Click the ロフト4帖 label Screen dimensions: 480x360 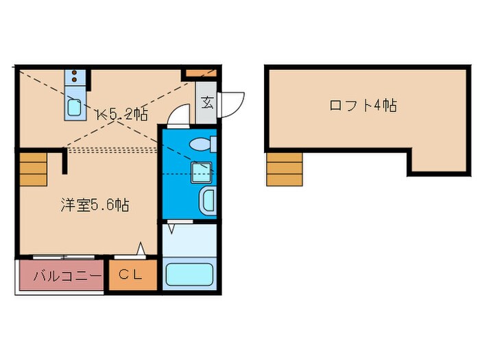[x=363, y=106]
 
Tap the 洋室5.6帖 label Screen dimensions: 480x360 [x=95, y=205]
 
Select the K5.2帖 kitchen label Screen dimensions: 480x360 [x=123, y=115]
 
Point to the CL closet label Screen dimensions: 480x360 [x=130, y=274]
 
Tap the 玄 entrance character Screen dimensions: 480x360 [x=207, y=103]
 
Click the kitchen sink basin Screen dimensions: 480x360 [x=74, y=108]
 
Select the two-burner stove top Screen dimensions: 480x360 [x=74, y=77]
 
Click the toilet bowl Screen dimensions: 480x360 [x=200, y=144]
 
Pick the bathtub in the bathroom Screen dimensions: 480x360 [x=189, y=274]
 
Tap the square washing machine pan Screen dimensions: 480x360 [x=202, y=172]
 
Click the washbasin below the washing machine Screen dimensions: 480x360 [x=208, y=201]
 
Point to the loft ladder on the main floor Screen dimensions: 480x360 [x=34, y=169]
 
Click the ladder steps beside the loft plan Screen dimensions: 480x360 [x=285, y=169]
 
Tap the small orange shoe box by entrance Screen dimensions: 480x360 [x=201, y=73]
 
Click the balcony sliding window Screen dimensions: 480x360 [x=64, y=257]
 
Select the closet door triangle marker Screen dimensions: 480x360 [x=141, y=248]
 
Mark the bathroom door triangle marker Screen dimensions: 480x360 [x=171, y=229]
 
